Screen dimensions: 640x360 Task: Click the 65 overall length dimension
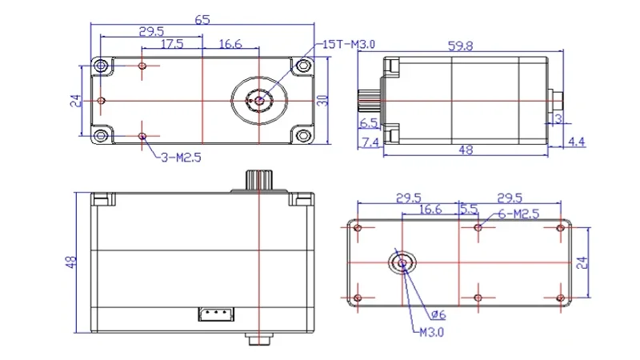click(x=202, y=19)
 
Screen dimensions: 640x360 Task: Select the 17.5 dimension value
click(x=172, y=44)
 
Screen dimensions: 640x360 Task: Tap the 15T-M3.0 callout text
click(x=349, y=44)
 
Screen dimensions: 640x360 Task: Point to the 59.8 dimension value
click(x=461, y=46)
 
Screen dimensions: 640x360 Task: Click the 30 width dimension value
click(x=322, y=101)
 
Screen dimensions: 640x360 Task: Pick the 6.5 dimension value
click(x=369, y=122)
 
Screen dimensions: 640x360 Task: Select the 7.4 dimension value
click(x=370, y=142)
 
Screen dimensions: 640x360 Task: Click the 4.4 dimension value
click(x=576, y=142)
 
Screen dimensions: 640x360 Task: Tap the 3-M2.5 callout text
click(x=181, y=158)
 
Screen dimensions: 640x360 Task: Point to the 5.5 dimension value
click(x=469, y=209)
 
